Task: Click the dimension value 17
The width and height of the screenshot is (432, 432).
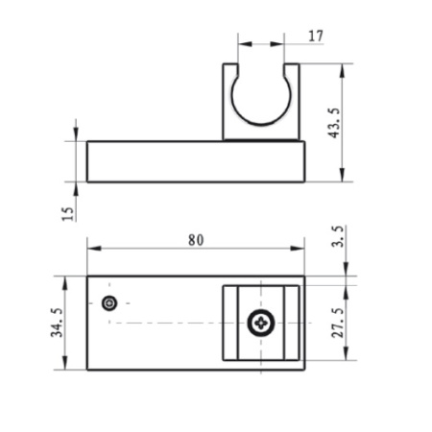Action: pos(316,36)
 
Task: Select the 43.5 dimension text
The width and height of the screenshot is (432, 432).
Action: pos(335,123)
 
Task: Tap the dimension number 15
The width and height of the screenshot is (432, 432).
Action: pos(67,213)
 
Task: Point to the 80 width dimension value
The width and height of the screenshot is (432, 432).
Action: pos(196,240)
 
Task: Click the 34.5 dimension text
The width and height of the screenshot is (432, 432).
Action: pos(57,322)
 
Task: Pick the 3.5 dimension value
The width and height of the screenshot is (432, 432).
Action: pos(338,236)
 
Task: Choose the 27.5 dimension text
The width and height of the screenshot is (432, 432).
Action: pos(338,323)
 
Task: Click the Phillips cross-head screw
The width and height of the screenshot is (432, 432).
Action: pos(261,324)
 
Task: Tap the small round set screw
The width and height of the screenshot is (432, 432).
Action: pos(109,302)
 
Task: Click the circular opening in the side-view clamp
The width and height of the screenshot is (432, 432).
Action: pos(261,124)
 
